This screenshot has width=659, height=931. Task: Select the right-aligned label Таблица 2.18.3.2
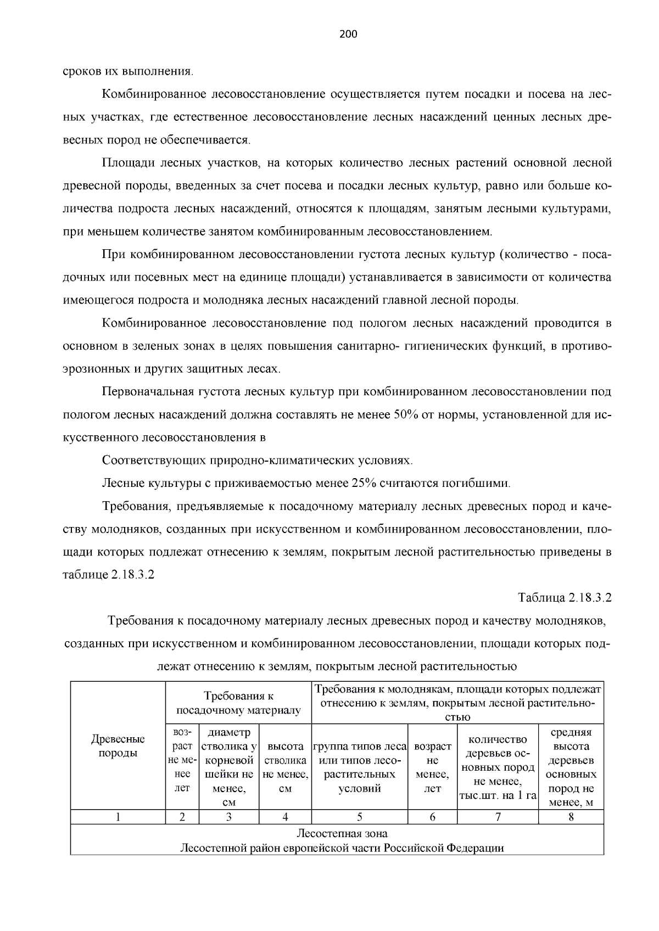(x=565, y=597)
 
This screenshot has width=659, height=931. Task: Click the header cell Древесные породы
(x=118, y=746)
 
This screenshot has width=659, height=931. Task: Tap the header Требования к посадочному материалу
(x=238, y=703)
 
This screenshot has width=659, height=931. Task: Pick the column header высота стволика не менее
(x=285, y=767)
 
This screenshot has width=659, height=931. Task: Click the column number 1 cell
(x=118, y=817)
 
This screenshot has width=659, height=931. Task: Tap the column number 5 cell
(x=359, y=817)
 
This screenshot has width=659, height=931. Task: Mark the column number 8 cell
(x=571, y=817)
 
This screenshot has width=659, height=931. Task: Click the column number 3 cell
(x=229, y=817)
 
